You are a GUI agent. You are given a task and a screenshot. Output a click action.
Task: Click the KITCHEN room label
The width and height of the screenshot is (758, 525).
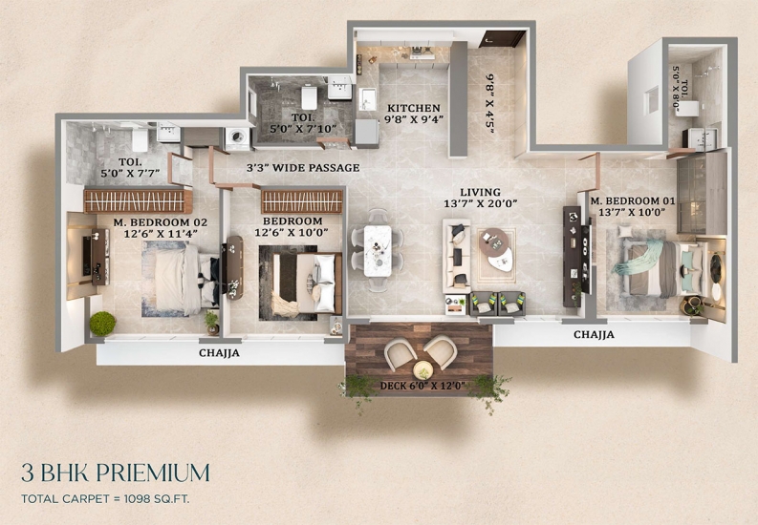413,108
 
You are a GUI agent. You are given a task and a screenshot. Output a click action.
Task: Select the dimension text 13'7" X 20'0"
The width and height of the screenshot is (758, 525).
481,204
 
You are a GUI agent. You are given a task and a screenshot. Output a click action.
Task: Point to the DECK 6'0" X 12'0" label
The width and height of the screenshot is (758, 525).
422,386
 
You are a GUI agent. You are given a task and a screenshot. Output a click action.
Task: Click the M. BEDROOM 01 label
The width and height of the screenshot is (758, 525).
632,200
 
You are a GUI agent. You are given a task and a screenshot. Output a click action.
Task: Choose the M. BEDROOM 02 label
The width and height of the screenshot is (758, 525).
160,222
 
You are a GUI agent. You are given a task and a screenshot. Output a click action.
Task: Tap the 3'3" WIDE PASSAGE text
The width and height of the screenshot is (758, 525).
303,168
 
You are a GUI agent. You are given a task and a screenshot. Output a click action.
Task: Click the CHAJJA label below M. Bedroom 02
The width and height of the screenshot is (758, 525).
219,353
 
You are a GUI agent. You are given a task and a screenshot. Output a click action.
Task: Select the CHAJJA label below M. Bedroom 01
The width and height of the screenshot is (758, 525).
595,334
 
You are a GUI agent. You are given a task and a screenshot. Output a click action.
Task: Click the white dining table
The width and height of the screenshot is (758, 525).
378,250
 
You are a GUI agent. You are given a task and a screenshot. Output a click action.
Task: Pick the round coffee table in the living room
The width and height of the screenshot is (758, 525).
493,242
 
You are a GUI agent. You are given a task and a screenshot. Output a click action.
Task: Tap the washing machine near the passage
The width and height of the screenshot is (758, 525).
237,139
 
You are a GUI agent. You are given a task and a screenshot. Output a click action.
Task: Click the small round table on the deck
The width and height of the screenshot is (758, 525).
423,370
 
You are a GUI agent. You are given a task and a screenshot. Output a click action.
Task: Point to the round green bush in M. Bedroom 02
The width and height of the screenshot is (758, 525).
102,324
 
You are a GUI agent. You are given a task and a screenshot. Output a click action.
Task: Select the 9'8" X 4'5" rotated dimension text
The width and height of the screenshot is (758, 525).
490,103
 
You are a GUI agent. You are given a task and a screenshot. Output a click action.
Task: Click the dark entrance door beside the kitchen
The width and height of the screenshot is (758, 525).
501,39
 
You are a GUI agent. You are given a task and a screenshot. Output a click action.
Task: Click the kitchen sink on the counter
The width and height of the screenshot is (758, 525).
367,99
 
